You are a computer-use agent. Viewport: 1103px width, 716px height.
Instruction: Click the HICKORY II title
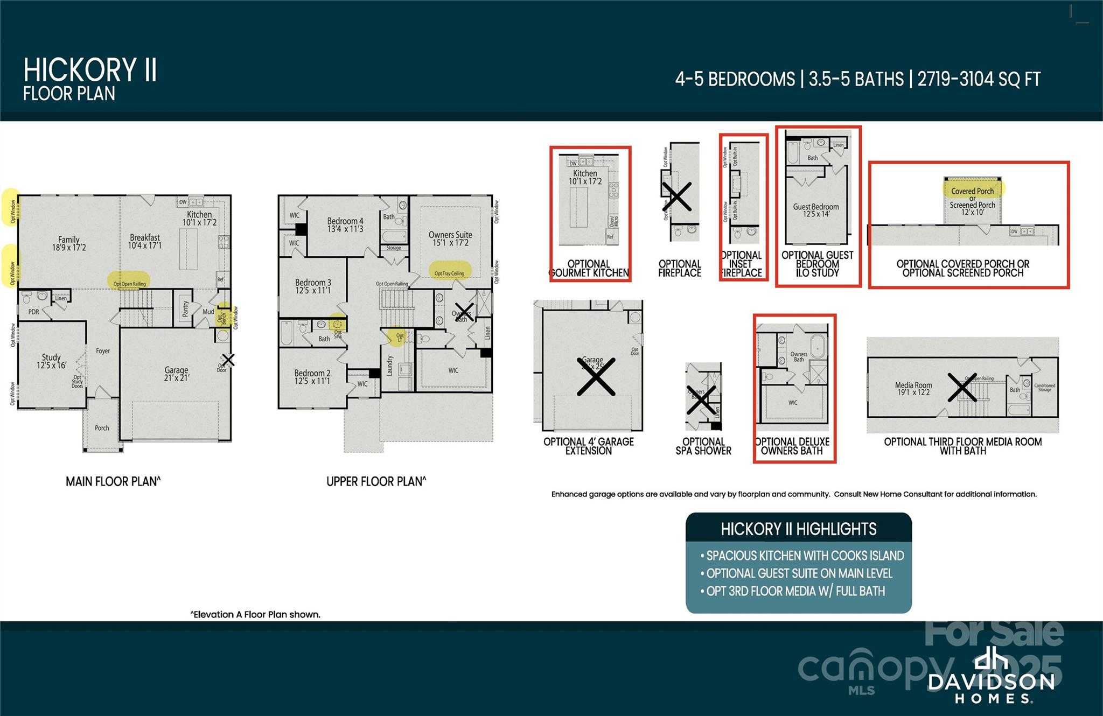tap(90, 70)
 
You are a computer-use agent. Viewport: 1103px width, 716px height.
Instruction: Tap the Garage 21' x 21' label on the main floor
tap(176, 374)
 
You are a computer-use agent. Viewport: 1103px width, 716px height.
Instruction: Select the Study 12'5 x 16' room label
tap(52, 361)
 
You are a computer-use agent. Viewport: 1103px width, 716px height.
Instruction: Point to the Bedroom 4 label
tap(345, 224)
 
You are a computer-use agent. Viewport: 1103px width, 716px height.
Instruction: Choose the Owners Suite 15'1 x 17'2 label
tap(450, 238)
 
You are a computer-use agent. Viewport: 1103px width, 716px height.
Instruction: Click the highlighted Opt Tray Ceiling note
tap(450, 273)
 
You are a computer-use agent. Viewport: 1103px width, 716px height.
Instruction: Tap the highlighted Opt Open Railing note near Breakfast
tap(129, 283)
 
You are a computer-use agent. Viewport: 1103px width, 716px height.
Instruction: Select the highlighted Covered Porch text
tap(973, 191)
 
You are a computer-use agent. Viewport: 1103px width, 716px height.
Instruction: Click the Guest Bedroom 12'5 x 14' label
tap(815, 210)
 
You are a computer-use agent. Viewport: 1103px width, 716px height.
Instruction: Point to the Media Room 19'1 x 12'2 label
tap(913, 388)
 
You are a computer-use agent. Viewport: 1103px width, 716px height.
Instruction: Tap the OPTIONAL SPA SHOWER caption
tap(703, 446)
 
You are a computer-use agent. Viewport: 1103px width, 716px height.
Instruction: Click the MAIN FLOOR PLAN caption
tap(113, 481)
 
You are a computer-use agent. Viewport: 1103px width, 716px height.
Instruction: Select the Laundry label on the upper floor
tap(390, 366)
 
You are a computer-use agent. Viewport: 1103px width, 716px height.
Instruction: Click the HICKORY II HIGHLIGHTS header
tap(798, 529)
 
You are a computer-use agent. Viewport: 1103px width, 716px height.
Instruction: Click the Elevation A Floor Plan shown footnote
tap(255, 614)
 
